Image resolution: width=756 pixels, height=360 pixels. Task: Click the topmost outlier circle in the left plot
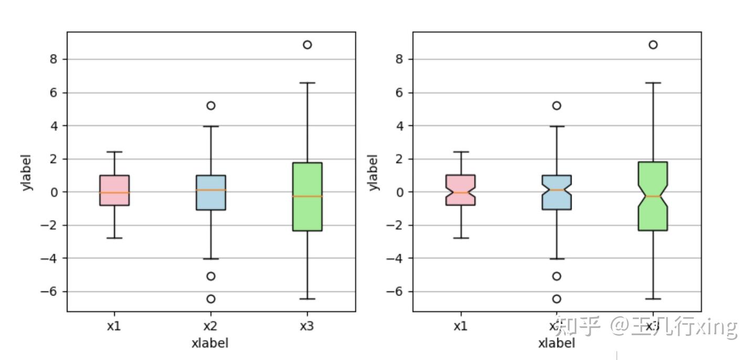tap(307, 45)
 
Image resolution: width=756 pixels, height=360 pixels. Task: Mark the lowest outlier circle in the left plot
tap(211, 299)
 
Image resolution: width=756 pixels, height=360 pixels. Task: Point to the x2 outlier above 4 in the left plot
tap(211, 105)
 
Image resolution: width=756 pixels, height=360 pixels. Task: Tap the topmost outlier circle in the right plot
tap(653, 45)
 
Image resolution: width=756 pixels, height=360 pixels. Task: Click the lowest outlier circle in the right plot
tap(556, 299)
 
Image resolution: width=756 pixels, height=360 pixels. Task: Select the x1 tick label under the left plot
tap(114, 326)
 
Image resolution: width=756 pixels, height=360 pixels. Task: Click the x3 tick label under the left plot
tap(307, 326)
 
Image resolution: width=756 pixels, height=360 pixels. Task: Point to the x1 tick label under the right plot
tap(460, 326)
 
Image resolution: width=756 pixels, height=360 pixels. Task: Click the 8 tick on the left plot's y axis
tap(54, 59)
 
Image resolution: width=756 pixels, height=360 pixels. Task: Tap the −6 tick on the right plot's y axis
tap(396, 291)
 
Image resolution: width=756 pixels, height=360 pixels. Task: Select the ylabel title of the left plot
tap(28, 172)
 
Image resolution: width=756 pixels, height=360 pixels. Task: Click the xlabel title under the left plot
tap(210, 343)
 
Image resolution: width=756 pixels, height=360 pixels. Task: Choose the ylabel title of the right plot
tap(373, 172)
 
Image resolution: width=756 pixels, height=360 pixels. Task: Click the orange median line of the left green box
tap(307, 196)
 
